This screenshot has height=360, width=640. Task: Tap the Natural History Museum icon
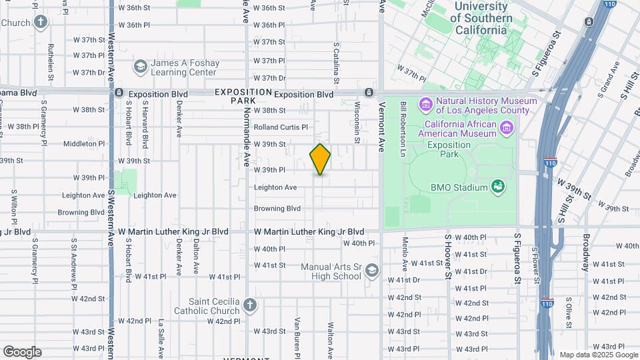click(425, 105)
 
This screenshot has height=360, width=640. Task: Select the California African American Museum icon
click(507, 127)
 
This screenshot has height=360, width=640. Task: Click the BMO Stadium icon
click(497, 187)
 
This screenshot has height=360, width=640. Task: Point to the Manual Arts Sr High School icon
click(372, 271)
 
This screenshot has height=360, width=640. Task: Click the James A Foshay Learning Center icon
click(140, 67)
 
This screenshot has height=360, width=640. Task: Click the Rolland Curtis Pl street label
click(281, 127)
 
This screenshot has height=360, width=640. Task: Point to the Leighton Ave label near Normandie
click(275, 187)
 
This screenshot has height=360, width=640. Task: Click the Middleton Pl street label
click(85, 143)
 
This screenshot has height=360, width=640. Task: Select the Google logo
click(22, 351)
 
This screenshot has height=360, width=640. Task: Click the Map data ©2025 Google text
click(597, 355)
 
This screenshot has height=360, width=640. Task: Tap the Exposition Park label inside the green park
click(449, 149)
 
